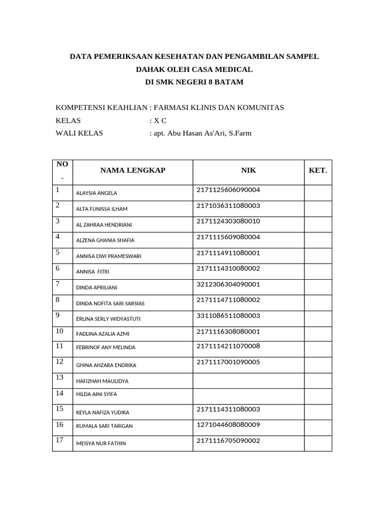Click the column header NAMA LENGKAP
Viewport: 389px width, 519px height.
tap(133, 170)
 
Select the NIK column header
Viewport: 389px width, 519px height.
tap(248, 170)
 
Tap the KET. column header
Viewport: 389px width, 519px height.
tap(318, 170)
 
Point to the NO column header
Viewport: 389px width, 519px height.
tap(62, 170)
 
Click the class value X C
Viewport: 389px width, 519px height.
tap(160, 121)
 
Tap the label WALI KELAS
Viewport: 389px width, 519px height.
tap(79, 133)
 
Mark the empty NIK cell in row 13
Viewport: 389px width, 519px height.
tap(248, 380)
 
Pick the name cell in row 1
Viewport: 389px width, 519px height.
tap(133, 193)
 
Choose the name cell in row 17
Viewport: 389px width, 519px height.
tap(133, 443)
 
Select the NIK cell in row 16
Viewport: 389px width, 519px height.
tap(248, 426)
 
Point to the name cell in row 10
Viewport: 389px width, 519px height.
tap(133, 335)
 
